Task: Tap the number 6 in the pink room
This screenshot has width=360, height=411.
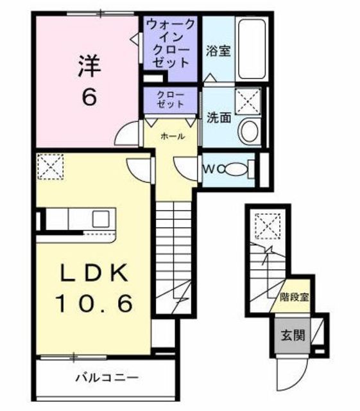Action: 89,97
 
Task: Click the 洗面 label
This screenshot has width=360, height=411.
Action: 218,118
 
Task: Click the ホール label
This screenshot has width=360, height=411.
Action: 173,136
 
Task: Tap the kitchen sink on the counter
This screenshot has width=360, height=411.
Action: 101,218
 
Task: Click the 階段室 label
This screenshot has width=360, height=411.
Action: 295,297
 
